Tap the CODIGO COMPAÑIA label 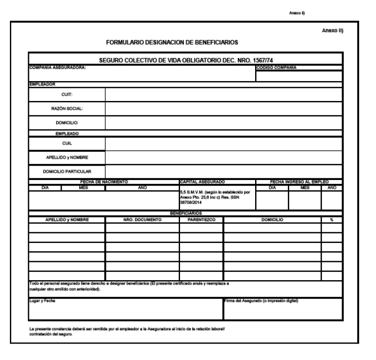(x=276, y=67)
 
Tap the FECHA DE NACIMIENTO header (x=103, y=182)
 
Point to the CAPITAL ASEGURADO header (x=200, y=182)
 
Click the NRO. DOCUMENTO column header (x=142, y=219)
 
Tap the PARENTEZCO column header (x=201, y=219)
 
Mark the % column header (x=332, y=219)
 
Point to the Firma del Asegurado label (x=261, y=300)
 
